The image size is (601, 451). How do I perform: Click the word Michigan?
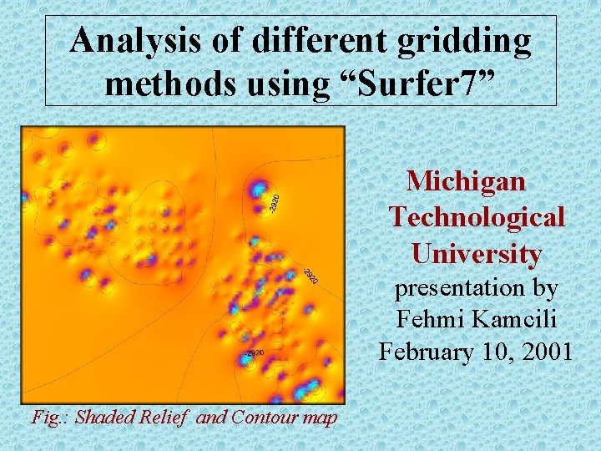click(x=466, y=180)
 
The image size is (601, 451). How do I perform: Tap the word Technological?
click(x=477, y=217)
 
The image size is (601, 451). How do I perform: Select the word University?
click(x=477, y=253)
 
